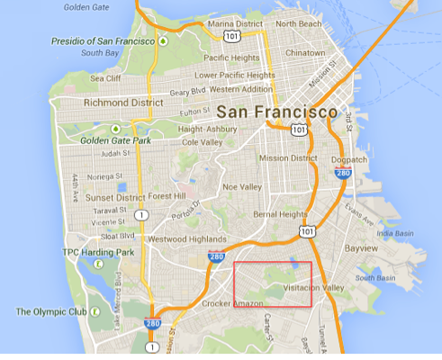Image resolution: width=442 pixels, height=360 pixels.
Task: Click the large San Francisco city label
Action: (x=276, y=113)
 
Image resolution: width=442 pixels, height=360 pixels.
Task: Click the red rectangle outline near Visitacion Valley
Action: (x=273, y=263)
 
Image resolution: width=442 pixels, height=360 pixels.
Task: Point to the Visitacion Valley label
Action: (x=313, y=288)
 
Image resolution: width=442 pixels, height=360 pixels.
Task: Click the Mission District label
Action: (x=288, y=158)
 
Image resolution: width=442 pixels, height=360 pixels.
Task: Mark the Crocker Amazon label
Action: (x=232, y=303)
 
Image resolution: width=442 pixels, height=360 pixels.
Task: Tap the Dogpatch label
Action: (x=348, y=159)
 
